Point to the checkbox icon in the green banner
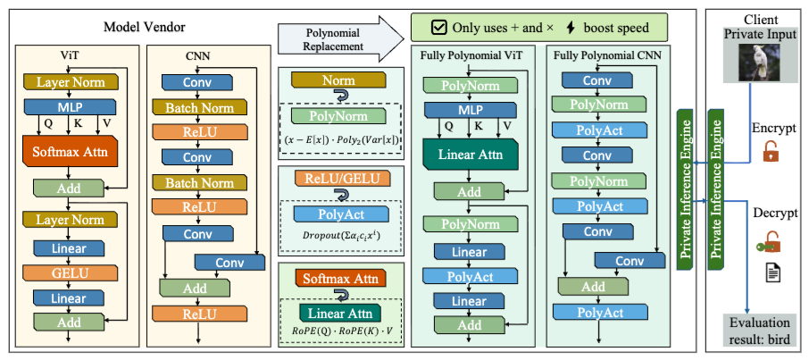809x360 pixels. point(438,27)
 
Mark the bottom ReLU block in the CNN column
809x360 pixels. point(188,314)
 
